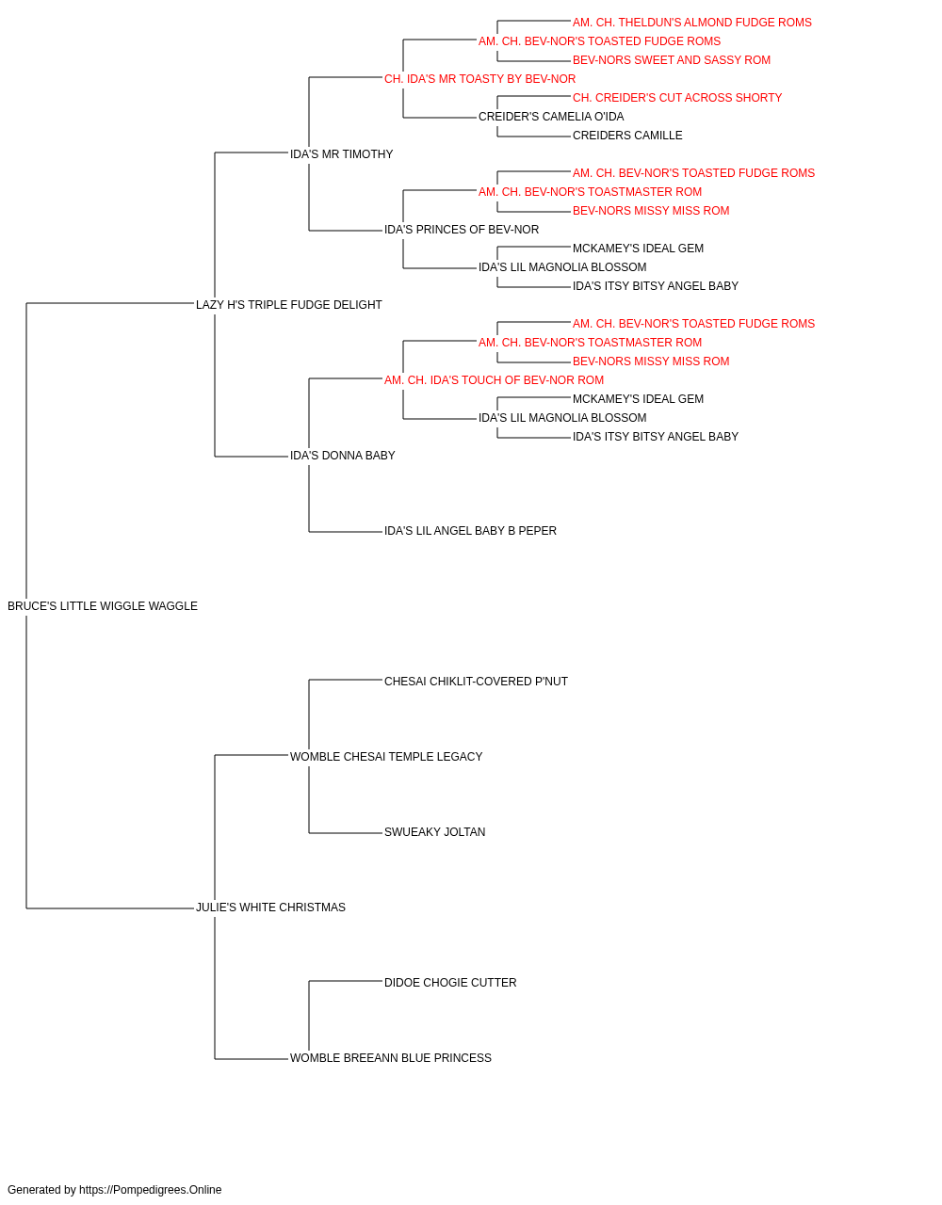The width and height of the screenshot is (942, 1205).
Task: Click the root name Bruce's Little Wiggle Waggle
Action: (103, 606)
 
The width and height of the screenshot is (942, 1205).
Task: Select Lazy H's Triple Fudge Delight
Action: (289, 305)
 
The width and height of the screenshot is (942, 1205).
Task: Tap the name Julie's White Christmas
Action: (270, 908)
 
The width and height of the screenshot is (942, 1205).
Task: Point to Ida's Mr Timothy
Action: (341, 154)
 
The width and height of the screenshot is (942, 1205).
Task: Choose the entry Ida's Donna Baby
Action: (342, 456)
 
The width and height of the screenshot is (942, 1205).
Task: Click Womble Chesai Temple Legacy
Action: (386, 757)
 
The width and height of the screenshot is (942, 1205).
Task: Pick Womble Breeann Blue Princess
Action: (391, 1058)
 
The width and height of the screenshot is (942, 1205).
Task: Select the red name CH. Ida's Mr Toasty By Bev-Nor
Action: (479, 79)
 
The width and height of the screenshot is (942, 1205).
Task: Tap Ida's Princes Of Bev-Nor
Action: (462, 230)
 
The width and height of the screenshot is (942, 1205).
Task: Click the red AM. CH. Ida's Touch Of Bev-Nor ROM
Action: (494, 380)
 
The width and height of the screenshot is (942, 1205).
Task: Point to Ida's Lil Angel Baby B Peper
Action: (470, 531)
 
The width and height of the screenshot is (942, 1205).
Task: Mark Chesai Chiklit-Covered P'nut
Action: (476, 682)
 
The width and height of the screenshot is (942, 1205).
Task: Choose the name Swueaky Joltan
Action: (435, 832)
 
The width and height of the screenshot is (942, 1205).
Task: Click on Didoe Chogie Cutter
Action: (450, 983)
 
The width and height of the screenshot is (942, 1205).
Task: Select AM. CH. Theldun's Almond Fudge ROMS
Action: (691, 23)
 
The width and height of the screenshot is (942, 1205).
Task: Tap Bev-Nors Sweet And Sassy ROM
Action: (672, 60)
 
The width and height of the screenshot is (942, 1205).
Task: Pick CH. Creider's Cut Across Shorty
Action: (677, 98)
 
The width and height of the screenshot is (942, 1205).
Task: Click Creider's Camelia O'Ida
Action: (551, 117)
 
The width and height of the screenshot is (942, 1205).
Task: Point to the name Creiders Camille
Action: (627, 136)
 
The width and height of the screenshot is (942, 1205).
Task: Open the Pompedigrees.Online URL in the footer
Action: (151, 1190)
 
